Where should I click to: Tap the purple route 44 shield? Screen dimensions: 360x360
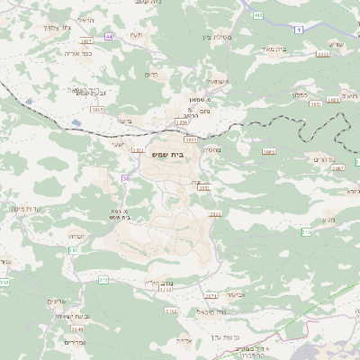(109, 36)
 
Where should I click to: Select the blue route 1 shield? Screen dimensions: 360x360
(300, 31)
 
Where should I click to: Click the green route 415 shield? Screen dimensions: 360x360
(259, 15)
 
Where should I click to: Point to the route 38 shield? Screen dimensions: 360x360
(125, 178)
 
